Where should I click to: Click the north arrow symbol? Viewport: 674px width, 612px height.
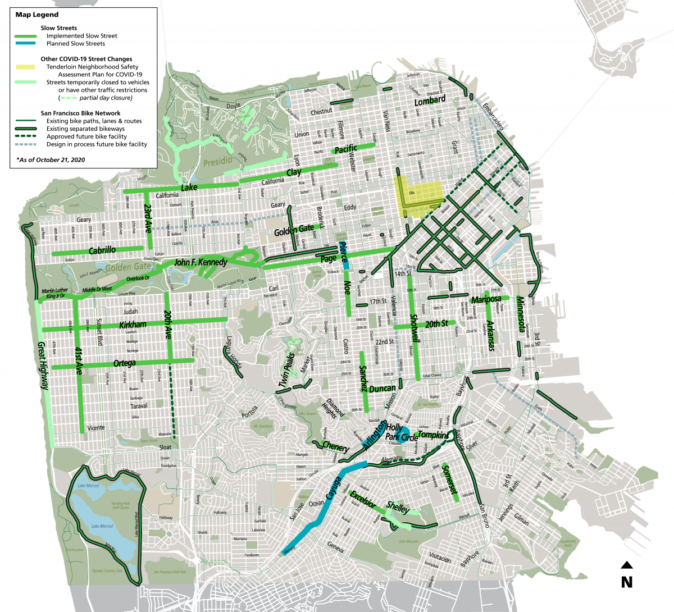(x=627, y=565)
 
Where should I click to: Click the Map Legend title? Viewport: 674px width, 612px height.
(x=37, y=15)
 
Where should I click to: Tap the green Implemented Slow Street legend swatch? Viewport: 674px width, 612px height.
(x=25, y=36)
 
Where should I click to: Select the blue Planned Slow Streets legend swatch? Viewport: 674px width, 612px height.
(x=25, y=44)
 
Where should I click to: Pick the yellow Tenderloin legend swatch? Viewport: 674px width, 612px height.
(x=25, y=67)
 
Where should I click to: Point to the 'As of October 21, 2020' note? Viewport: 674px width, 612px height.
(x=51, y=160)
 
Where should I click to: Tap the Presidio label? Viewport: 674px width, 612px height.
(x=217, y=162)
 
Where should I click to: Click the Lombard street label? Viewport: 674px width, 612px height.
(x=430, y=101)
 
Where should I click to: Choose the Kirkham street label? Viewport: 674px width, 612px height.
(x=133, y=325)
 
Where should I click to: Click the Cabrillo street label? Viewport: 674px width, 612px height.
(x=102, y=250)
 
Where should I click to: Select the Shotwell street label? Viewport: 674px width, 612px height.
(x=415, y=329)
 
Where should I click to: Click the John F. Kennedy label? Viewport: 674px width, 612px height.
(x=201, y=262)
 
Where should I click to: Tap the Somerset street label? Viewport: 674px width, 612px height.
(x=450, y=479)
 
